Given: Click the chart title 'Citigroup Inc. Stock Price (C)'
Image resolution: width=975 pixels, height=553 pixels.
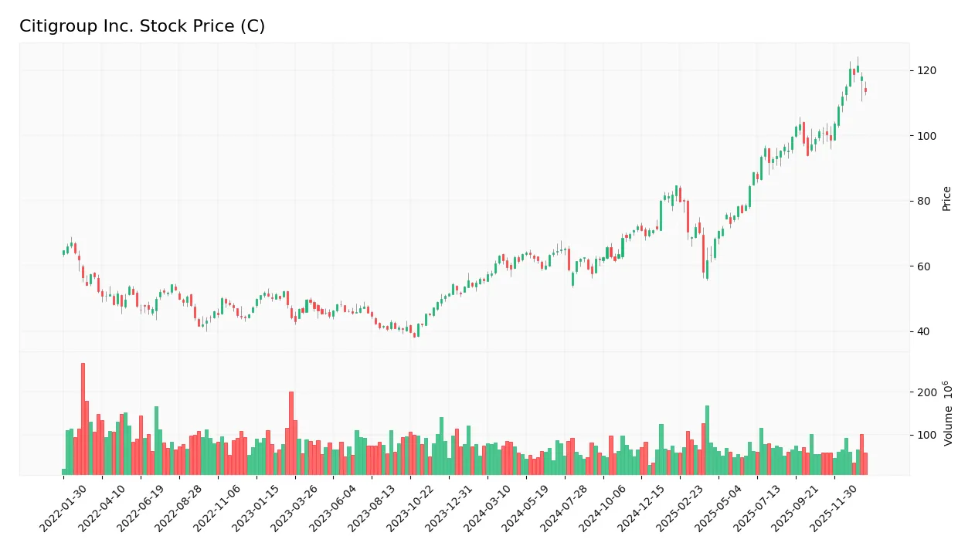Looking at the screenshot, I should [142, 26].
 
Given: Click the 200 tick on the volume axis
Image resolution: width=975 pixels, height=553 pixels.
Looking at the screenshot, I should [926, 392].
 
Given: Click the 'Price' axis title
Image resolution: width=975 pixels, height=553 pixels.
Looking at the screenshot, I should [947, 198].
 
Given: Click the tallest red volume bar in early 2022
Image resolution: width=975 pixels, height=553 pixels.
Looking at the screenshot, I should [83, 421].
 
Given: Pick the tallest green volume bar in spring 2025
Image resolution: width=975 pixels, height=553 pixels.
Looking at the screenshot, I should [707, 440].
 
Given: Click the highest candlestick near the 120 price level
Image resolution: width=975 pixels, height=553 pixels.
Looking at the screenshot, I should [858, 69].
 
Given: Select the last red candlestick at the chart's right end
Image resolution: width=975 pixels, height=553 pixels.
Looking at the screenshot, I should [865, 90].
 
